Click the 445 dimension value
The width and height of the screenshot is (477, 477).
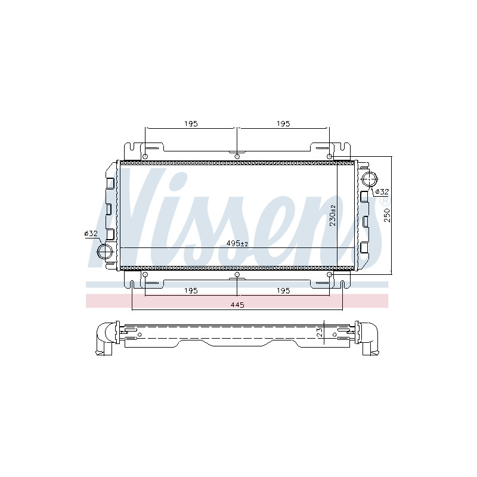(x=237, y=305)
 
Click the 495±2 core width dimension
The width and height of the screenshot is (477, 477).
(x=237, y=243)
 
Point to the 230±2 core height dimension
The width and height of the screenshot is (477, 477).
(x=333, y=215)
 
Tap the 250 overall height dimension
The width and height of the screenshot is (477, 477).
(x=387, y=215)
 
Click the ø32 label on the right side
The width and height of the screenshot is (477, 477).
(x=382, y=191)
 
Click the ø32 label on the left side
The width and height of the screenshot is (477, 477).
(x=91, y=233)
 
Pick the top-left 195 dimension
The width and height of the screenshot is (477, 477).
(x=191, y=123)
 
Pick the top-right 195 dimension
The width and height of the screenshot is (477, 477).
(x=283, y=123)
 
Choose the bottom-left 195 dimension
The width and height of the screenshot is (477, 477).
(x=191, y=290)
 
